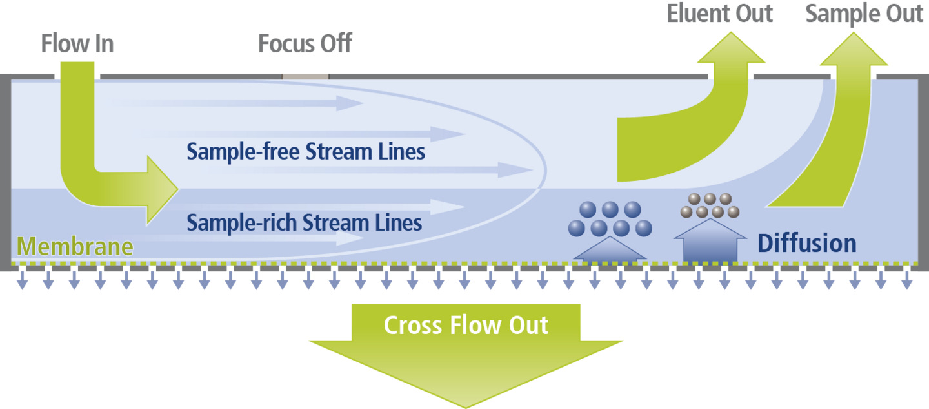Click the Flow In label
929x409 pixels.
(77, 44)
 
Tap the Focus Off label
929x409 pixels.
(305, 44)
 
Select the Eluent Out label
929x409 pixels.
(719, 14)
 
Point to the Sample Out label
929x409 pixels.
(864, 14)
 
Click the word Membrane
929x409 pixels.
(75, 246)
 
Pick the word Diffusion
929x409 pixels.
(806, 244)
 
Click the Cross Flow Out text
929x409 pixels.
(466, 324)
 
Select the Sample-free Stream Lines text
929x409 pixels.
(306, 152)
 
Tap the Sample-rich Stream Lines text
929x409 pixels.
(304, 223)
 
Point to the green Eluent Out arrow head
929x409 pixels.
(730, 48)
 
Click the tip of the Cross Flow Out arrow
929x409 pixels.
(466, 404)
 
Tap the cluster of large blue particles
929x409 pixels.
(610, 219)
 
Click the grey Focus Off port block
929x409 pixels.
(305, 76)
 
